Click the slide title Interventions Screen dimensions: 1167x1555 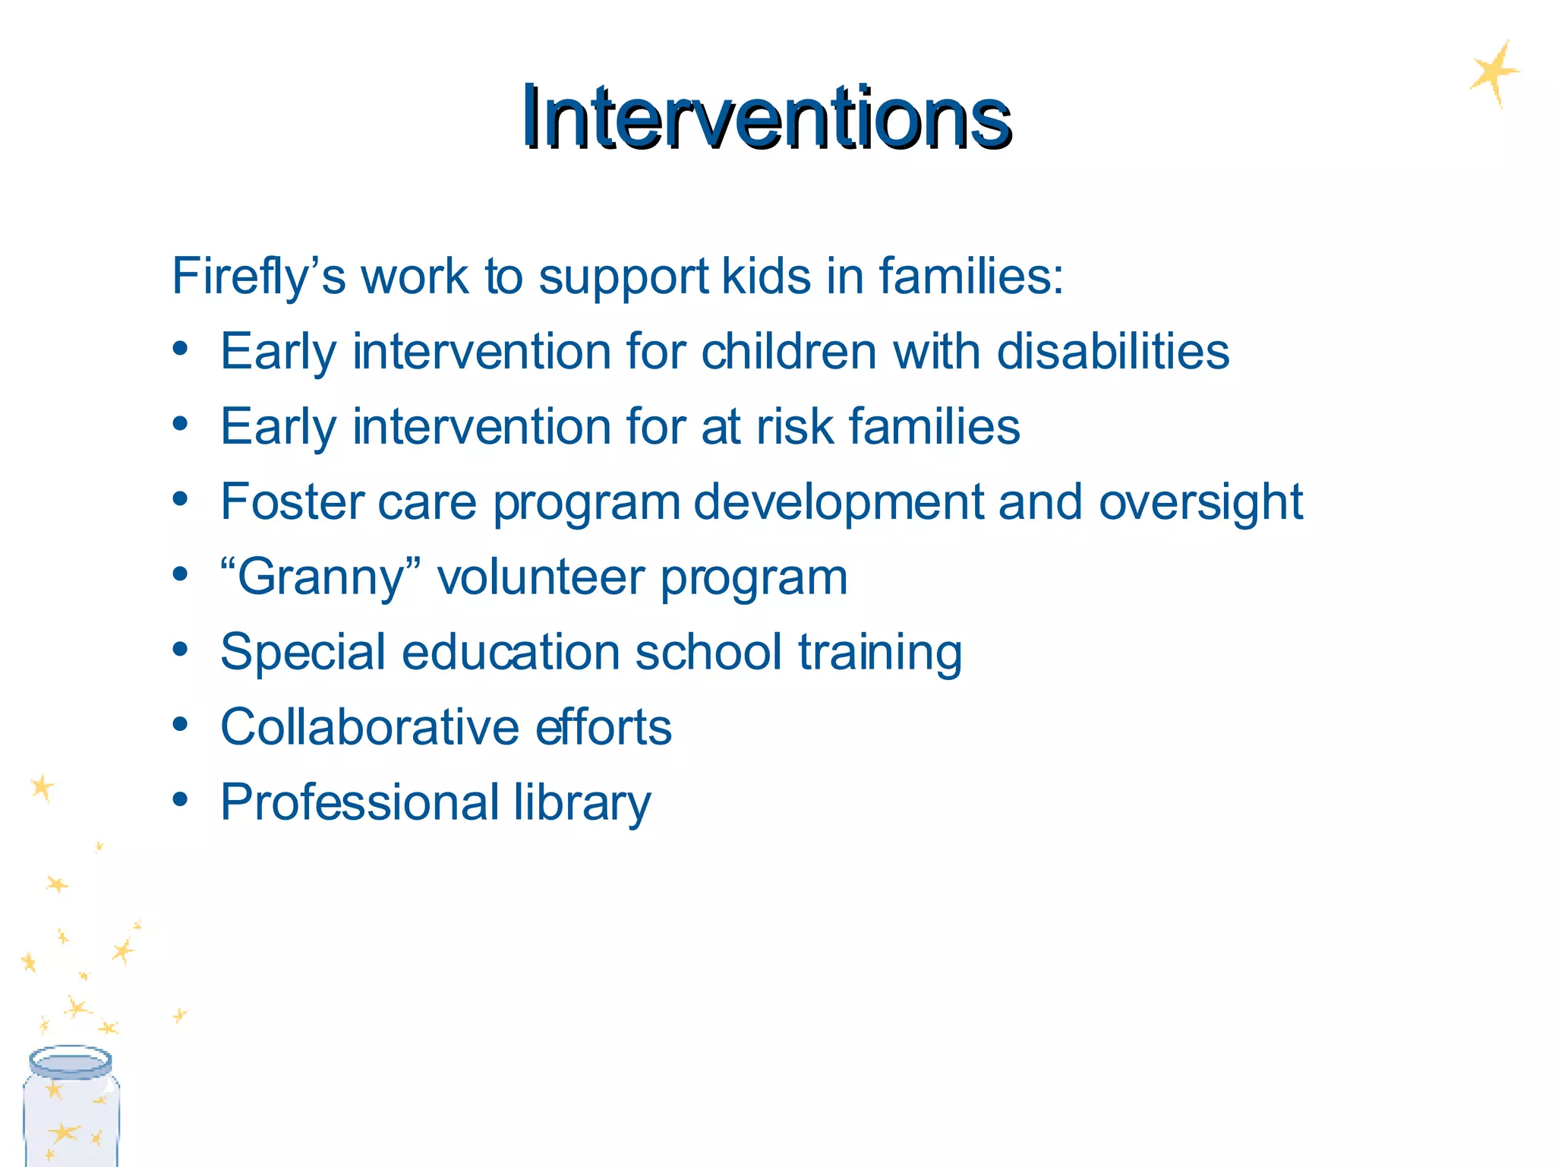pyautogui.click(x=765, y=118)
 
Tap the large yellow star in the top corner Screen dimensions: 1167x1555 pyautogui.click(x=1493, y=74)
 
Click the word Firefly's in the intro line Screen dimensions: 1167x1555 pyautogui.click(x=258, y=277)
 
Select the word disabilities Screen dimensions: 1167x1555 pyautogui.click(x=1112, y=352)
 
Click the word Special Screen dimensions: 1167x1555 pyautogui.click(x=303, y=653)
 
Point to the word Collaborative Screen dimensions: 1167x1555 pyautogui.click(x=369, y=727)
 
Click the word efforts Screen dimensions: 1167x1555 pyautogui.click(x=604, y=727)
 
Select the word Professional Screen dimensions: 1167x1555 pyautogui.click(x=360, y=802)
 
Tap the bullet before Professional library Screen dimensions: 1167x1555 pyautogui.click(x=180, y=799)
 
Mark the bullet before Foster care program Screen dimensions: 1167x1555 pyautogui.click(x=180, y=499)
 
